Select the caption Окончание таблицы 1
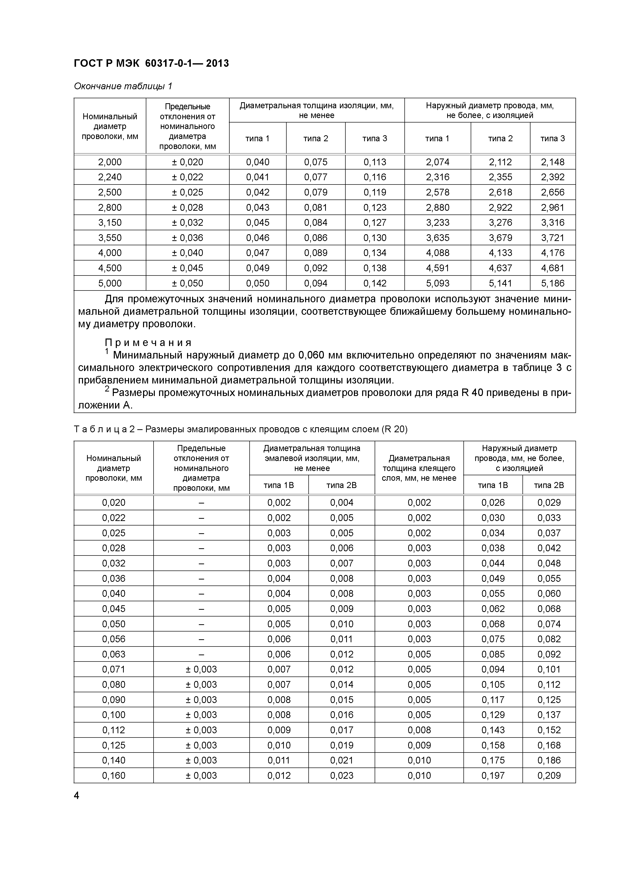click(x=123, y=86)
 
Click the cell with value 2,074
click(x=437, y=162)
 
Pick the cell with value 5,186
click(x=552, y=283)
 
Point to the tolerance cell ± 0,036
click(x=187, y=237)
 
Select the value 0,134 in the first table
click(x=375, y=253)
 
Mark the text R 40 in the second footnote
click(x=472, y=393)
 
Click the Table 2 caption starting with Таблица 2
click(x=241, y=429)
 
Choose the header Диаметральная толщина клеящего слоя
click(x=419, y=468)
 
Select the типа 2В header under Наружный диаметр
click(x=548, y=485)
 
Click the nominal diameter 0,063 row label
click(x=114, y=654)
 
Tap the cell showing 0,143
click(x=493, y=730)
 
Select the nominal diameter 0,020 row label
click(x=114, y=503)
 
